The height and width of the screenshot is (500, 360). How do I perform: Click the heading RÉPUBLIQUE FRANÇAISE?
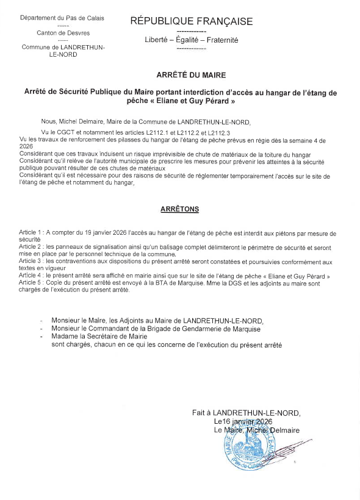(x=191, y=22)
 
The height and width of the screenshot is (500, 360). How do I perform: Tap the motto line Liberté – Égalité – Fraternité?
(x=191, y=40)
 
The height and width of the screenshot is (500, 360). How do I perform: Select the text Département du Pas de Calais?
(x=62, y=18)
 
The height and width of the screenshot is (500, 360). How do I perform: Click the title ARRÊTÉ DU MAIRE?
(x=191, y=76)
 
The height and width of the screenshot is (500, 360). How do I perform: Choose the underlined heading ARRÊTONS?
(x=179, y=209)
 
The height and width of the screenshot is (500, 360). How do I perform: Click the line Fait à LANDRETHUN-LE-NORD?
(x=247, y=413)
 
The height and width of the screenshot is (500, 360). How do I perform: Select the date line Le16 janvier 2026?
(x=242, y=421)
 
